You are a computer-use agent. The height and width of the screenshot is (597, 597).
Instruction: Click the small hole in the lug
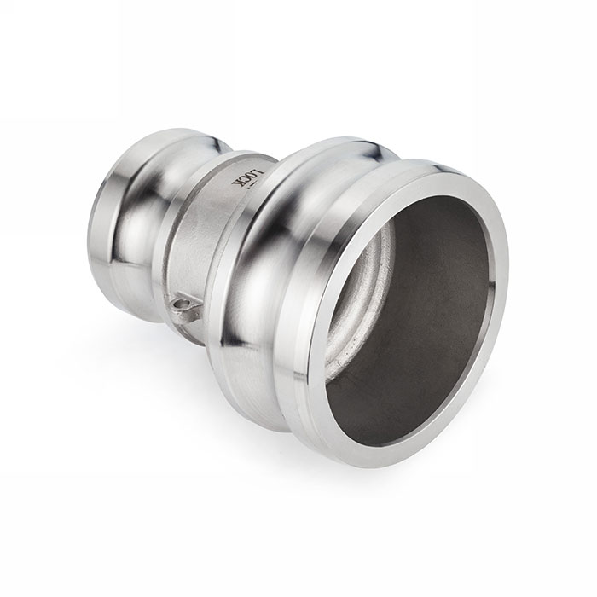pos(182,301)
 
